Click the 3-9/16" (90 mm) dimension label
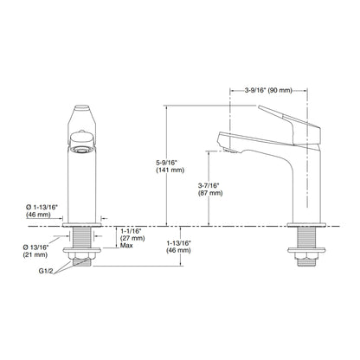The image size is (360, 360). click(268, 90)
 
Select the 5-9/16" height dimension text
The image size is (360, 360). click(166, 163)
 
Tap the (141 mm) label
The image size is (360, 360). click(170, 170)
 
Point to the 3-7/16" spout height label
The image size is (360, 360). click(209, 185)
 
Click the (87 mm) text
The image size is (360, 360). click(210, 193)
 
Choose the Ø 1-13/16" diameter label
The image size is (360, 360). click(42, 207)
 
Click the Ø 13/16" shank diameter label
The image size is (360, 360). click(35, 247)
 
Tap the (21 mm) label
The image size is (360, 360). click(35, 255)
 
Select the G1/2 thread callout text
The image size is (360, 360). click(46, 271)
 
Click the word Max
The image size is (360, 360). click(126, 246)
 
